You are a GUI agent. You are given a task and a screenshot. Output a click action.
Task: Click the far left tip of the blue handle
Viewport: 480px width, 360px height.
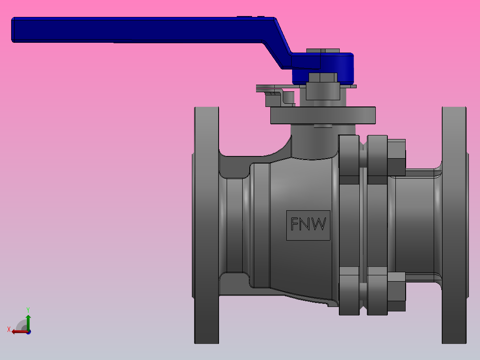tap(13, 30)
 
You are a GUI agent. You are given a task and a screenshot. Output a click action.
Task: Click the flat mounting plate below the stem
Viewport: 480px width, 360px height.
tap(323, 115)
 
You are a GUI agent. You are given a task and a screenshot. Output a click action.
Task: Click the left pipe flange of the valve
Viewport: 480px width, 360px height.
tap(206, 225)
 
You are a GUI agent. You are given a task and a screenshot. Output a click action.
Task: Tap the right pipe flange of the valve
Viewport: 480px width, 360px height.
tap(454, 225)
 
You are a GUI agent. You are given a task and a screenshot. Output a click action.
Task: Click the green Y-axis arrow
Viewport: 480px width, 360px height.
tap(28, 321)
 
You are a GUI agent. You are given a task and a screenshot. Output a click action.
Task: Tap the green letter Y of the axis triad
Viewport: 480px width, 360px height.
tap(28, 309)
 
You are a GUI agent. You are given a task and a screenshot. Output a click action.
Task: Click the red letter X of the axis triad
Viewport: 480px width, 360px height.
tap(9, 330)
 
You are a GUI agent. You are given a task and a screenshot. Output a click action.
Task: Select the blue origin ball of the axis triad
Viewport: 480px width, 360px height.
tap(28, 332)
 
